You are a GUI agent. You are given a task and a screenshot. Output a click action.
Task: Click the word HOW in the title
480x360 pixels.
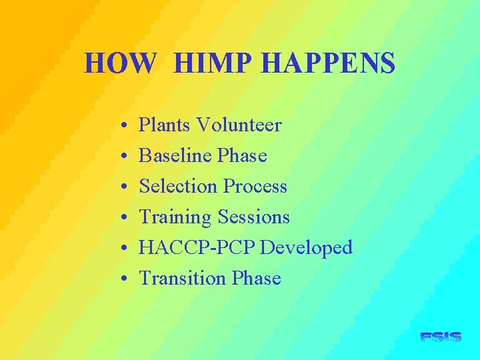[121, 64]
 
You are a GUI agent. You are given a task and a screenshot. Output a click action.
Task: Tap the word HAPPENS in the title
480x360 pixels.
[328, 64]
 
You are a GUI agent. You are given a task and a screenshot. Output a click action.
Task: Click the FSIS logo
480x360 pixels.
[441, 337]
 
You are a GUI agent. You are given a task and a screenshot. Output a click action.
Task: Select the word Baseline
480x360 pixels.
[175, 155]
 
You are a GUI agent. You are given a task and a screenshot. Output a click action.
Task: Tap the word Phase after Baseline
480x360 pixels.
[242, 155]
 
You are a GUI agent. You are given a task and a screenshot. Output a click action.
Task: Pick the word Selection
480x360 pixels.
[179, 186]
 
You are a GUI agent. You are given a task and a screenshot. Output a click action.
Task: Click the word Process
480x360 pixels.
[255, 186]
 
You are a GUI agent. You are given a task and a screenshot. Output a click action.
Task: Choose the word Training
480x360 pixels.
[174, 217]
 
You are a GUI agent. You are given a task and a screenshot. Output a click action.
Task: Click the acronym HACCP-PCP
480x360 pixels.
[197, 247]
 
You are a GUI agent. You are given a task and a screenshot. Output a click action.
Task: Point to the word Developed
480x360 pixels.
[306, 248]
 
